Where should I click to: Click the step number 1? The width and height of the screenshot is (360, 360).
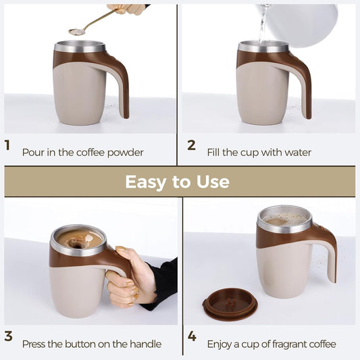(x=7, y=145)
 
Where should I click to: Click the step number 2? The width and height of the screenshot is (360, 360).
(x=191, y=145)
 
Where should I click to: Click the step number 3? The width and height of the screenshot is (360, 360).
(x=8, y=336)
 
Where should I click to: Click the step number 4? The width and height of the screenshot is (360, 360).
(x=192, y=336)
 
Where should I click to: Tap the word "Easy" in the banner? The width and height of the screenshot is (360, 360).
(x=145, y=182)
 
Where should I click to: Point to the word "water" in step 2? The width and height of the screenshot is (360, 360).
(x=297, y=153)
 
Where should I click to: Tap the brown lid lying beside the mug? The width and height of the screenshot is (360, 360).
(x=230, y=303)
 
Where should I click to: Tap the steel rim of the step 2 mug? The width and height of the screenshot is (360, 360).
(x=263, y=47)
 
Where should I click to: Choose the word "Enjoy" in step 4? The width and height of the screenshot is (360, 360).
(x=221, y=344)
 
